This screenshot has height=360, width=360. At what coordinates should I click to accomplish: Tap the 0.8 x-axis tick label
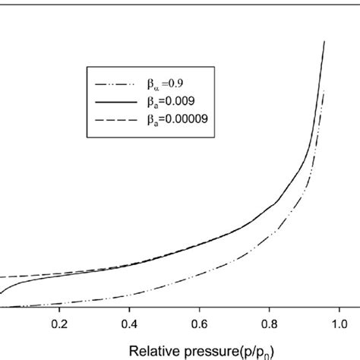(x=268, y=321)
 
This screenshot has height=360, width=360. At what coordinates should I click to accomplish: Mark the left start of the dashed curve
(x=2, y=278)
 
